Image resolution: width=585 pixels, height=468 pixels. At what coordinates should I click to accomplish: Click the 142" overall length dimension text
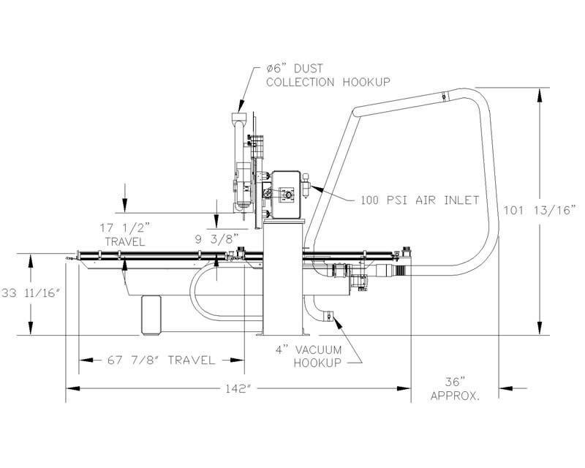click(x=237, y=388)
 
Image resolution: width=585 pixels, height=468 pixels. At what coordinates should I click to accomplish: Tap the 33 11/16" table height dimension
click(x=31, y=293)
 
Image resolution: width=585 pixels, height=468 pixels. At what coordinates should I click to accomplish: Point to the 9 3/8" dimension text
click(x=216, y=239)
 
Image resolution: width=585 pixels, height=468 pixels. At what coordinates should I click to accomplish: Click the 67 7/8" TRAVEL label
click(x=161, y=361)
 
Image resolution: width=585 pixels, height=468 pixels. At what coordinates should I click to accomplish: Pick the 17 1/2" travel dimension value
click(x=125, y=227)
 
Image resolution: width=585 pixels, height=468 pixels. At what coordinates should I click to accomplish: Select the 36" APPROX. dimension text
click(x=455, y=389)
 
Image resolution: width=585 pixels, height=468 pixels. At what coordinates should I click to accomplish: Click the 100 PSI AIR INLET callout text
click(x=420, y=200)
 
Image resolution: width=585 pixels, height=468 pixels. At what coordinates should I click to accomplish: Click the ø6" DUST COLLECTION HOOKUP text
click(x=328, y=75)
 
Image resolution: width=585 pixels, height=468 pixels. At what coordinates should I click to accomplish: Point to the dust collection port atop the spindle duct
click(x=239, y=119)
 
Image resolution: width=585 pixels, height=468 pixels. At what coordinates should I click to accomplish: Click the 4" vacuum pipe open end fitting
click(x=328, y=316)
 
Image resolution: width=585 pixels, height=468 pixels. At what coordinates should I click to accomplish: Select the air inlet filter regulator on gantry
click(x=306, y=186)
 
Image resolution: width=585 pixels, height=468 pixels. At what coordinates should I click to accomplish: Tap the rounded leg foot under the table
click(x=151, y=314)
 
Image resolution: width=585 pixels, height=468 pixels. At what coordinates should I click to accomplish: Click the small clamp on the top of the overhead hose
click(x=444, y=97)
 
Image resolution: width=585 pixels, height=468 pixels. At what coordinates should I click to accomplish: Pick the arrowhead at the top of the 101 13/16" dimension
click(x=539, y=94)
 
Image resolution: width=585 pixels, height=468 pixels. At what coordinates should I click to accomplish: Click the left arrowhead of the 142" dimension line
click(x=72, y=388)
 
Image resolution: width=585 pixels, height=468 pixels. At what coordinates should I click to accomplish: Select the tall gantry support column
click(x=284, y=277)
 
